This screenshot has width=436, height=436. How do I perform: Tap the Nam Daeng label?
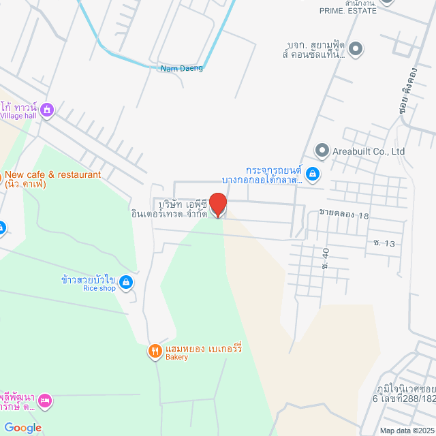[x=182, y=68]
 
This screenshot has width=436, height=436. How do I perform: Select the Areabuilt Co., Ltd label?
[x=369, y=151]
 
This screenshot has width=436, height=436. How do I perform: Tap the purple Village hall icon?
[x=47, y=110]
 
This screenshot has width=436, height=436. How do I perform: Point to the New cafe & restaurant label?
[x=52, y=175]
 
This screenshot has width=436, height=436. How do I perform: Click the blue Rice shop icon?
[x=125, y=281]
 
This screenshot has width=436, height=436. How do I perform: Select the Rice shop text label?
[x=99, y=288]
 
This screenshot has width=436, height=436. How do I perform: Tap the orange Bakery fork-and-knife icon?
[x=155, y=352]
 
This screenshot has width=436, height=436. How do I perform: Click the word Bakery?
[x=177, y=357]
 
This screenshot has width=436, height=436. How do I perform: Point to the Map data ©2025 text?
[x=406, y=431]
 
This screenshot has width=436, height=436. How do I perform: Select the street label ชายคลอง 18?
[x=343, y=215]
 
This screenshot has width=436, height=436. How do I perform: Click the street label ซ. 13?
[x=384, y=243]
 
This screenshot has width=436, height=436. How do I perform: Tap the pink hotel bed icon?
[x=45, y=400]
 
